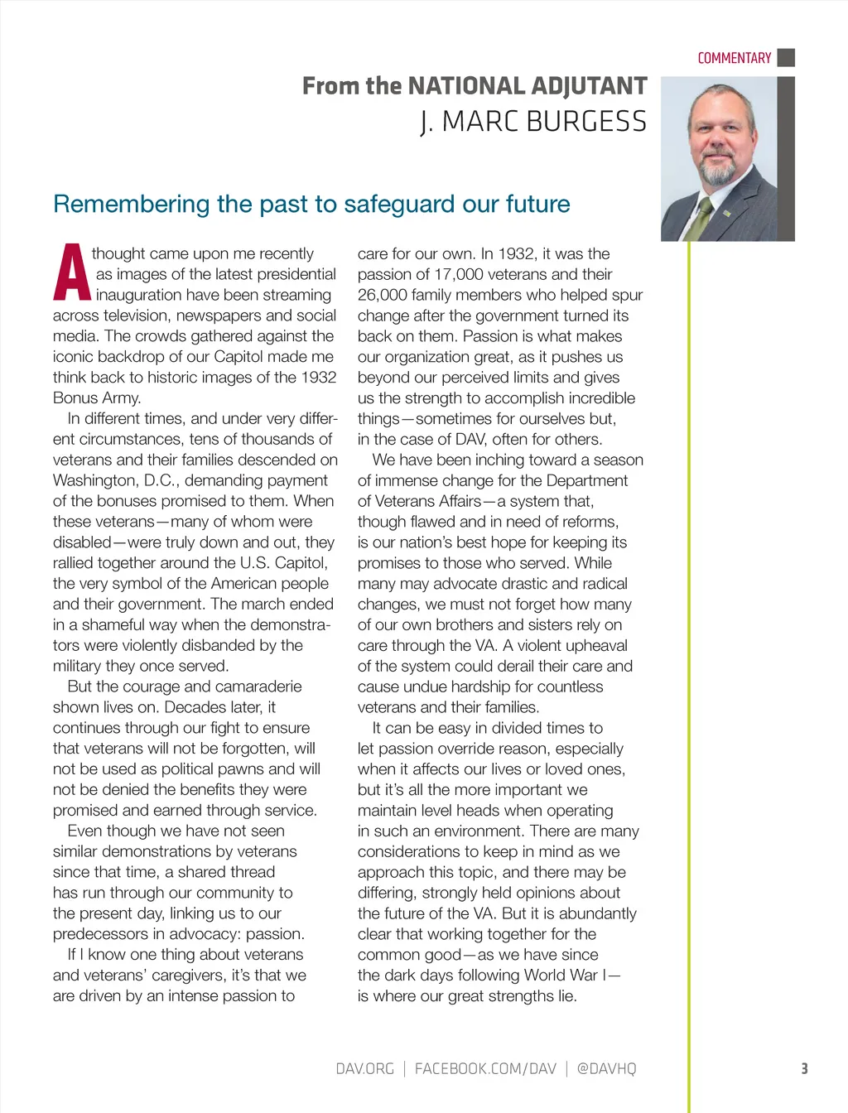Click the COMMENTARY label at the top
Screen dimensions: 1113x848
(734, 58)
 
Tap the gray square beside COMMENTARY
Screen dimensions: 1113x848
(787, 58)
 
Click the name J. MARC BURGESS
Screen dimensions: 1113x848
(533, 122)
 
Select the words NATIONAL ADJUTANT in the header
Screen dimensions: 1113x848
(528, 86)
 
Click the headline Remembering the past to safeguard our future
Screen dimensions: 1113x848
(311, 204)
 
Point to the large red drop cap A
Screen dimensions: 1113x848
(71, 272)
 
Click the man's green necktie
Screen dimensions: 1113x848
(701, 219)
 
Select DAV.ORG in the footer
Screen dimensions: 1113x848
(364, 1068)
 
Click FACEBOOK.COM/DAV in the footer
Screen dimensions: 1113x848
(485, 1068)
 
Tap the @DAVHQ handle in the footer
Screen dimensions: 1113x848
(606, 1068)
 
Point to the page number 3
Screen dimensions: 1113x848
(804, 1068)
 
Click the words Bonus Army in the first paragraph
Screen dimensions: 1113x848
(97, 397)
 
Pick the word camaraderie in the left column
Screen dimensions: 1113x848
(259, 687)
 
